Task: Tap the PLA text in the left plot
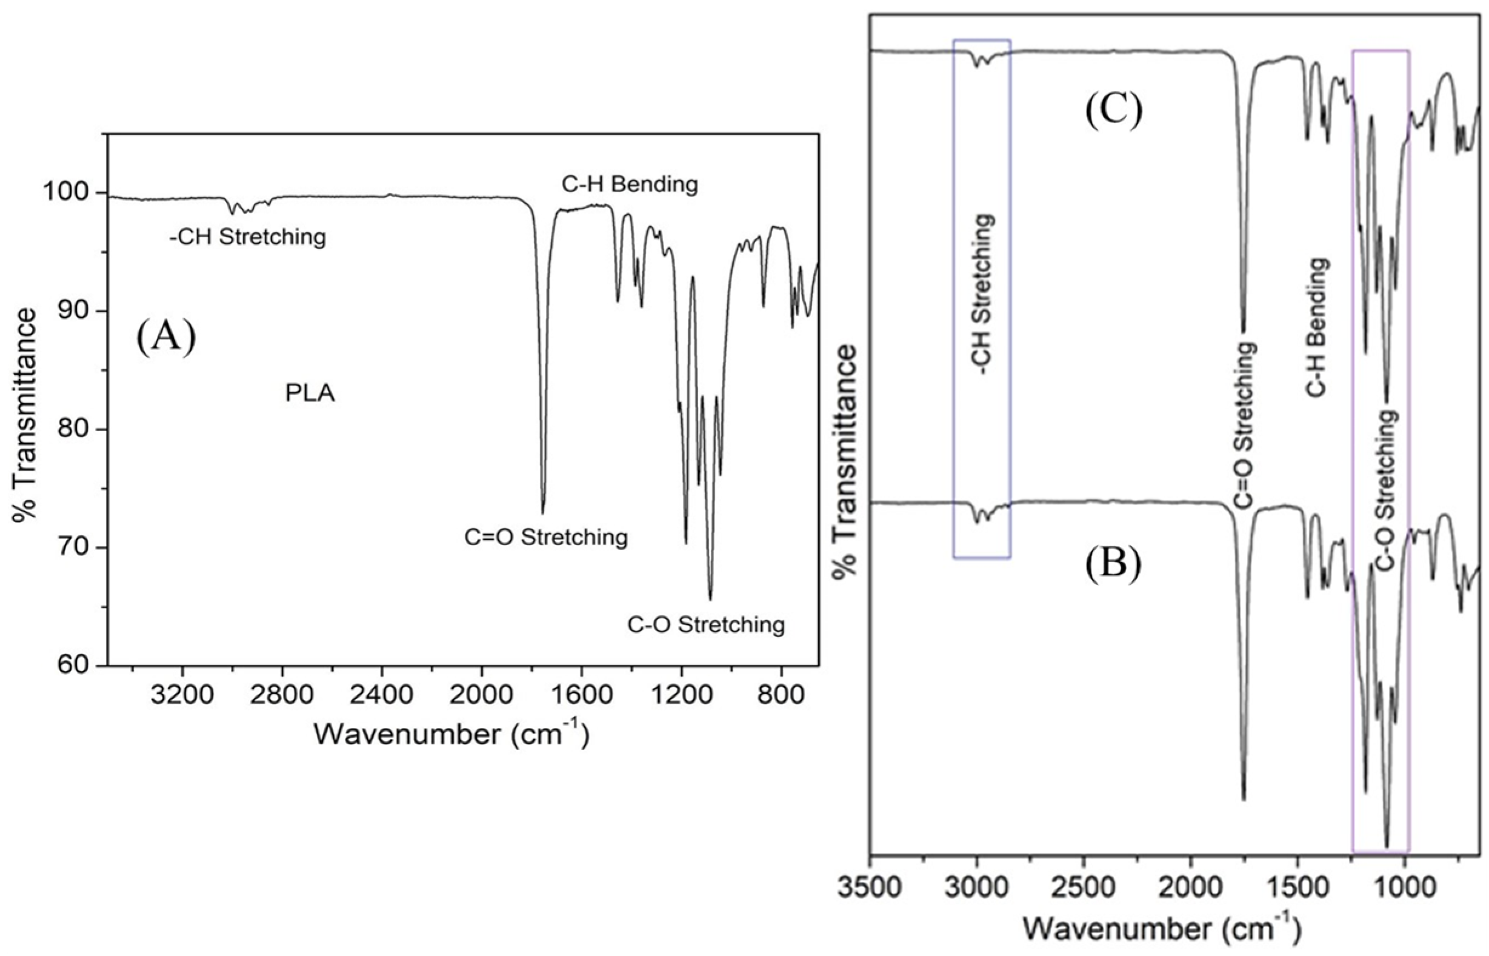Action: pos(310,393)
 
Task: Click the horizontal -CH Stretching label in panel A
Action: pos(247,237)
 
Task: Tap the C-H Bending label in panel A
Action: pos(629,184)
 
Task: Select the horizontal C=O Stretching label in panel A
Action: pos(546,537)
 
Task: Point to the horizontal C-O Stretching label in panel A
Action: pos(706,624)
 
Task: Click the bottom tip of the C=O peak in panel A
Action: pos(543,513)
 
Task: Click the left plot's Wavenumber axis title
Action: pos(451,734)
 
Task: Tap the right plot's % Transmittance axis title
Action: pos(844,462)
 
